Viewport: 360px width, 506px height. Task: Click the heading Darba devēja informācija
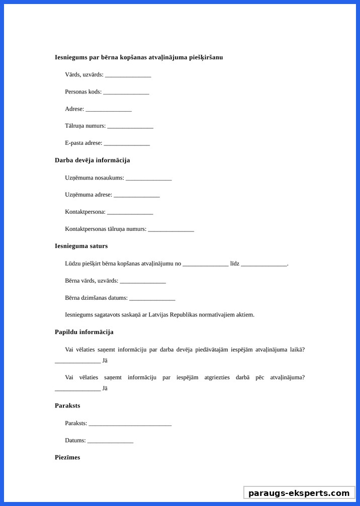92,160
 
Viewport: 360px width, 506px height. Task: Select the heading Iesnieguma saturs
81,246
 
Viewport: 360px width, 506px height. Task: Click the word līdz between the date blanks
234,264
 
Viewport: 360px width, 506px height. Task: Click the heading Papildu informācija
84,332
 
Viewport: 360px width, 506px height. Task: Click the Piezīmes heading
67,458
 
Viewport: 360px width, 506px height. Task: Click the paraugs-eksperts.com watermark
299,493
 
